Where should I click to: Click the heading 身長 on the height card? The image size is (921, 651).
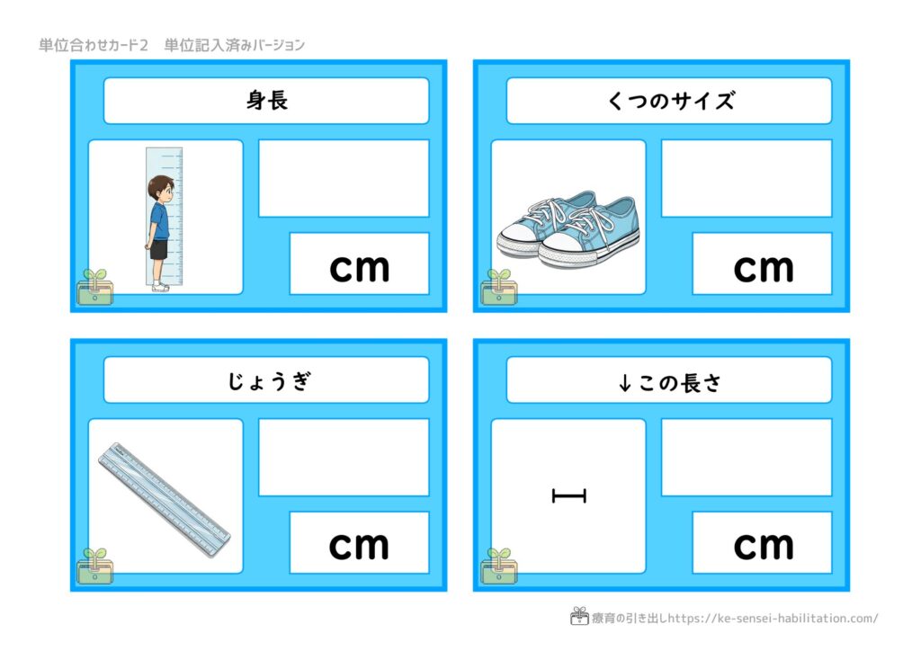[x=267, y=101]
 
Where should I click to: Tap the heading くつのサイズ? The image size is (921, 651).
[x=670, y=101]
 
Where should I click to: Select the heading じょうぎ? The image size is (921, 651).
[x=268, y=381]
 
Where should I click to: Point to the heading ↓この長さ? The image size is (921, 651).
[x=669, y=383]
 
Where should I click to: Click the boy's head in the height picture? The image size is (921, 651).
[x=161, y=189]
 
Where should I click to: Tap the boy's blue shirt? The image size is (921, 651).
[x=159, y=220]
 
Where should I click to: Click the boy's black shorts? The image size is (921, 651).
[x=158, y=249]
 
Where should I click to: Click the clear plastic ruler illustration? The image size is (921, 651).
[x=165, y=500]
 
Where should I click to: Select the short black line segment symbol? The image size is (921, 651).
[x=569, y=496]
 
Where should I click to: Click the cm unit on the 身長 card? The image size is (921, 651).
[x=360, y=268]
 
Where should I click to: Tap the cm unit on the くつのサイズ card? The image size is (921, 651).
[x=764, y=268]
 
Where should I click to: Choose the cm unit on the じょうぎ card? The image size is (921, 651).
[x=359, y=546]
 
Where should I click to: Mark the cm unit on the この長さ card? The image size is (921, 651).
[x=764, y=546]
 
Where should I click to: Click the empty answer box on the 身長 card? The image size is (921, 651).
[x=344, y=178]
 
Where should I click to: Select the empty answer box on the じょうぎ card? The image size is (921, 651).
[x=344, y=458]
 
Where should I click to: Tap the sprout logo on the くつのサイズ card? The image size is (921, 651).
[x=498, y=287]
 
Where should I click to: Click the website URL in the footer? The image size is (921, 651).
[x=773, y=618]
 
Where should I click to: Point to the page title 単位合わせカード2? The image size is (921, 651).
[x=94, y=45]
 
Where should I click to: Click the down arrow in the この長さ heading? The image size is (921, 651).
[x=625, y=383]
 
